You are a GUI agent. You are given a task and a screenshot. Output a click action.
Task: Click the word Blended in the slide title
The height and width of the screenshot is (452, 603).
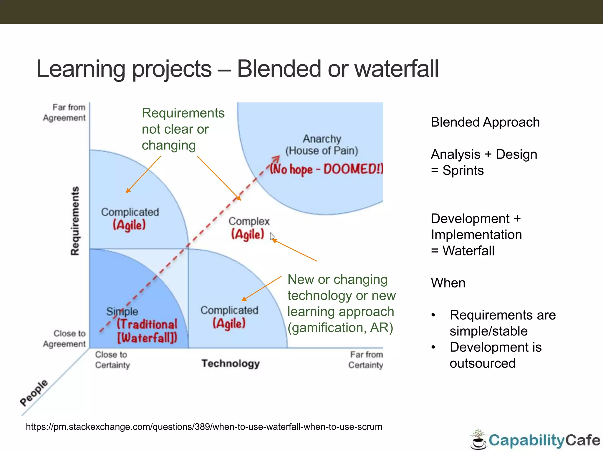(x=278, y=69)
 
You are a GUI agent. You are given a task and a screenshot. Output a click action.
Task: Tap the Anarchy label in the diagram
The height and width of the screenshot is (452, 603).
(x=322, y=139)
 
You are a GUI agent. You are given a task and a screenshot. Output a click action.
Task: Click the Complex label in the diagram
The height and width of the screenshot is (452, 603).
(x=249, y=221)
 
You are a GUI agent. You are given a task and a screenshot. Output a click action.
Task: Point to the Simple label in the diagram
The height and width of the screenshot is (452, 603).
(x=122, y=311)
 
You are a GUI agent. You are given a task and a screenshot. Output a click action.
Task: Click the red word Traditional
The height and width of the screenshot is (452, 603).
(x=147, y=324)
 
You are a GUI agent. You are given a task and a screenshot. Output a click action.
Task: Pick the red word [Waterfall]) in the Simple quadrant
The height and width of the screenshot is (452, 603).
(x=147, y=338)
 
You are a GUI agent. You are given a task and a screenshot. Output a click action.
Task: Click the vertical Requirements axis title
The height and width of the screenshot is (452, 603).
(x=75, y=221)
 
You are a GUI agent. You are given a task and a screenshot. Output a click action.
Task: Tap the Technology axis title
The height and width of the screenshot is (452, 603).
(x=231, y=363)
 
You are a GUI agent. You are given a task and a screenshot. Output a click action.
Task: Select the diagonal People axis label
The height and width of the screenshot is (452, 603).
(x=34, y=393)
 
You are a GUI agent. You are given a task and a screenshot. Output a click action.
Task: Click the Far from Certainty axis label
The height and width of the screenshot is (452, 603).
(x=366, y=360)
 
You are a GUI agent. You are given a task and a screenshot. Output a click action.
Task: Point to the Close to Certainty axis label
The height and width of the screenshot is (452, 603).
(x=112, y=360)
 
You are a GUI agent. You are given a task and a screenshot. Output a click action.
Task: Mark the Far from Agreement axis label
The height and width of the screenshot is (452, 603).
(x=65, y=112)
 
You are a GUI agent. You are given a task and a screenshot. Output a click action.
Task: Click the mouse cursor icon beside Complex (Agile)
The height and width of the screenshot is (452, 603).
(x=272, y=237)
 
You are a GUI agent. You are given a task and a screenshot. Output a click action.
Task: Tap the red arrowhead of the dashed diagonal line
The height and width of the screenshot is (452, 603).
(x=276, y=159)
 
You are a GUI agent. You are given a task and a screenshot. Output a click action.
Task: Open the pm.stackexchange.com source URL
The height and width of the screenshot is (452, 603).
(x=204, y=427)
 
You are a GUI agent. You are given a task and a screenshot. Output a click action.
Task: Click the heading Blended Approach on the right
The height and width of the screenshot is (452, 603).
(x=485, y=122)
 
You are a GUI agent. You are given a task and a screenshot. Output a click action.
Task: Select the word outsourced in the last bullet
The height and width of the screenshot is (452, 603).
(x=482, y=363)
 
